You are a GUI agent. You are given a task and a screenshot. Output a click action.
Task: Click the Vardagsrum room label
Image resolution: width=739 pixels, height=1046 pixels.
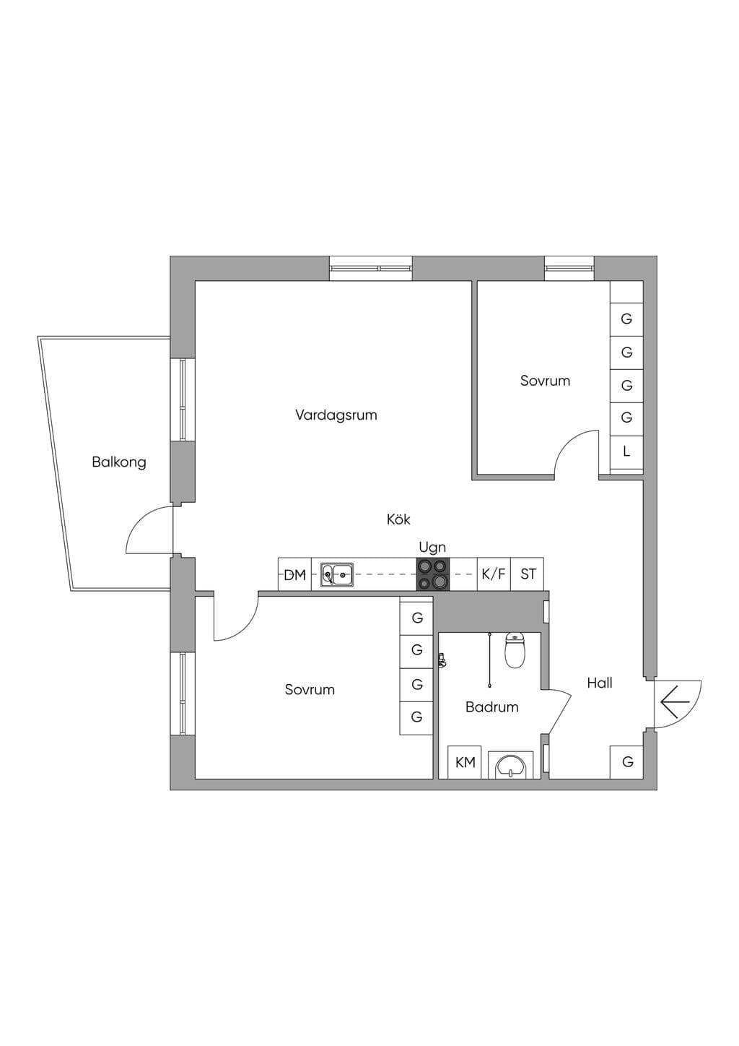pos(336,415)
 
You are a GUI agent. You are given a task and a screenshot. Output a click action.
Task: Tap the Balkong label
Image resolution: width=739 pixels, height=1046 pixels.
pos(119,462)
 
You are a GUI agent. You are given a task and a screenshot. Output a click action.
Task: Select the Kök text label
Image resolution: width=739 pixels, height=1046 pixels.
pos(398,519)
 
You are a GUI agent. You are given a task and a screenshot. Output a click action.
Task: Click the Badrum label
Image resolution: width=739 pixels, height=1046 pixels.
pos(491,706)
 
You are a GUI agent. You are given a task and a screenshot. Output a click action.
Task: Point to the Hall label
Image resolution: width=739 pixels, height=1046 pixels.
pos(600,683)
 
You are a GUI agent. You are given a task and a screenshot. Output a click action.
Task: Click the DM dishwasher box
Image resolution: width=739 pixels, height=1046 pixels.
pos(295,574)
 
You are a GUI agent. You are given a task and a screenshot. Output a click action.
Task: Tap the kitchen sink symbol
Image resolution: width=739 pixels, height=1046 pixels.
pos(337,574)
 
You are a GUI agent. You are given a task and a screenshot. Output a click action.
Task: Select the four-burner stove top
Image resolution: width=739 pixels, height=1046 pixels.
pos(433,574)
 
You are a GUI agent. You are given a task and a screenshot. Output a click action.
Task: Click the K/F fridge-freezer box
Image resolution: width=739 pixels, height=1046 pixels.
pos(494,574)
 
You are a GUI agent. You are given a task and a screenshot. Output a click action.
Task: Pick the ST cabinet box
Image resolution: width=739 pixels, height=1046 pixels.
pos(528,574)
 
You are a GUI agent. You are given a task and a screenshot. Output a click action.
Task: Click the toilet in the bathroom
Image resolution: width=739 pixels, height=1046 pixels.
pos(515,649)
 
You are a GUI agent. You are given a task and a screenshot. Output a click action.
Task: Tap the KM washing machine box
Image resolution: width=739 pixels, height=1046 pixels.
pos(465,762)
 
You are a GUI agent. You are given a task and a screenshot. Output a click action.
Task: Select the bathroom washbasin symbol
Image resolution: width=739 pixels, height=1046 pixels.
pos(510,765)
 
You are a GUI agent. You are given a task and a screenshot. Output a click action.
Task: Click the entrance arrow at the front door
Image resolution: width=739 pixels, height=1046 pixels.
pos(675,702)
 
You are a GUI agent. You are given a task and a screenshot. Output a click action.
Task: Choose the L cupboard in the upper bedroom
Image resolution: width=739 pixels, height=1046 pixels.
pos(626,451)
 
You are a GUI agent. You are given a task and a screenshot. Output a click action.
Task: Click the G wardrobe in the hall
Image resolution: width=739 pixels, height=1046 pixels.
pos(627,762)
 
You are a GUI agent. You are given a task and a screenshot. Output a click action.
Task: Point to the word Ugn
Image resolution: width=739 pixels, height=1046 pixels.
pos(432,547)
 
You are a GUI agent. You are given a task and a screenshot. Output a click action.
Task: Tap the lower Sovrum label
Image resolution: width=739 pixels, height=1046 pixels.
pos(310,689)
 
